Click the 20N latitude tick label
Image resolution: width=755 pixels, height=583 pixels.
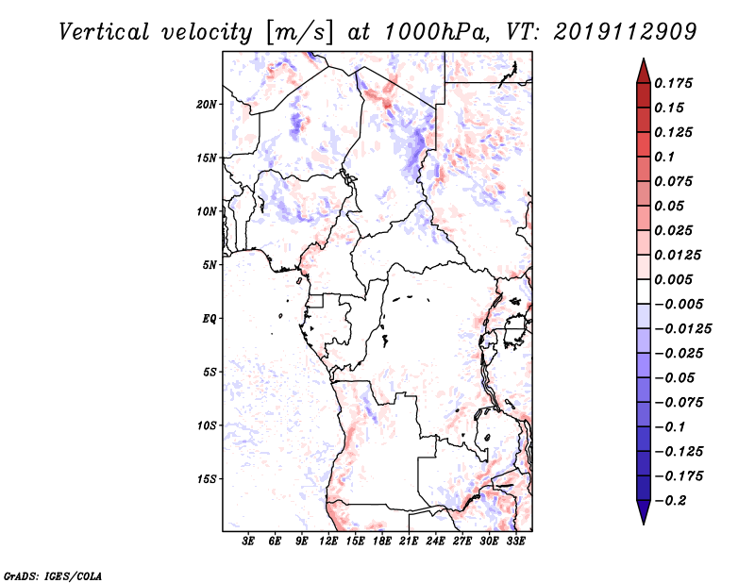point(208,104)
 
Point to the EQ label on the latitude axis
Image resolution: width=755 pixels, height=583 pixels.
point(210,319)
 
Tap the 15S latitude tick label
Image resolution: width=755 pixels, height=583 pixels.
point(208,479)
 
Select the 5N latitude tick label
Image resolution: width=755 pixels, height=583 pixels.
point(210,265)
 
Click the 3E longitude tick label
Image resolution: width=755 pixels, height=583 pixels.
point(249,542)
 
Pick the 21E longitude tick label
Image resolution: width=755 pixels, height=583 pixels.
point(410,542)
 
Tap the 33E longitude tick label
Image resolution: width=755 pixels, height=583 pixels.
point(516,542)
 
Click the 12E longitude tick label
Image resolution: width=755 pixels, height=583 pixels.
point(329,542)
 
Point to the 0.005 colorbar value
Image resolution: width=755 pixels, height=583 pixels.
point(676,279)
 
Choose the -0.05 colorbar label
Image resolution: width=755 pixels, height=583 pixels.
point(676,377)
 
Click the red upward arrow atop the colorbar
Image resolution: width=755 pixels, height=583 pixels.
point(643,70)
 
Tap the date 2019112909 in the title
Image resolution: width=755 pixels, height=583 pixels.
point(612,32)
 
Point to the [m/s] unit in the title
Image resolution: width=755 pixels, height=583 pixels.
point(298,33)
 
